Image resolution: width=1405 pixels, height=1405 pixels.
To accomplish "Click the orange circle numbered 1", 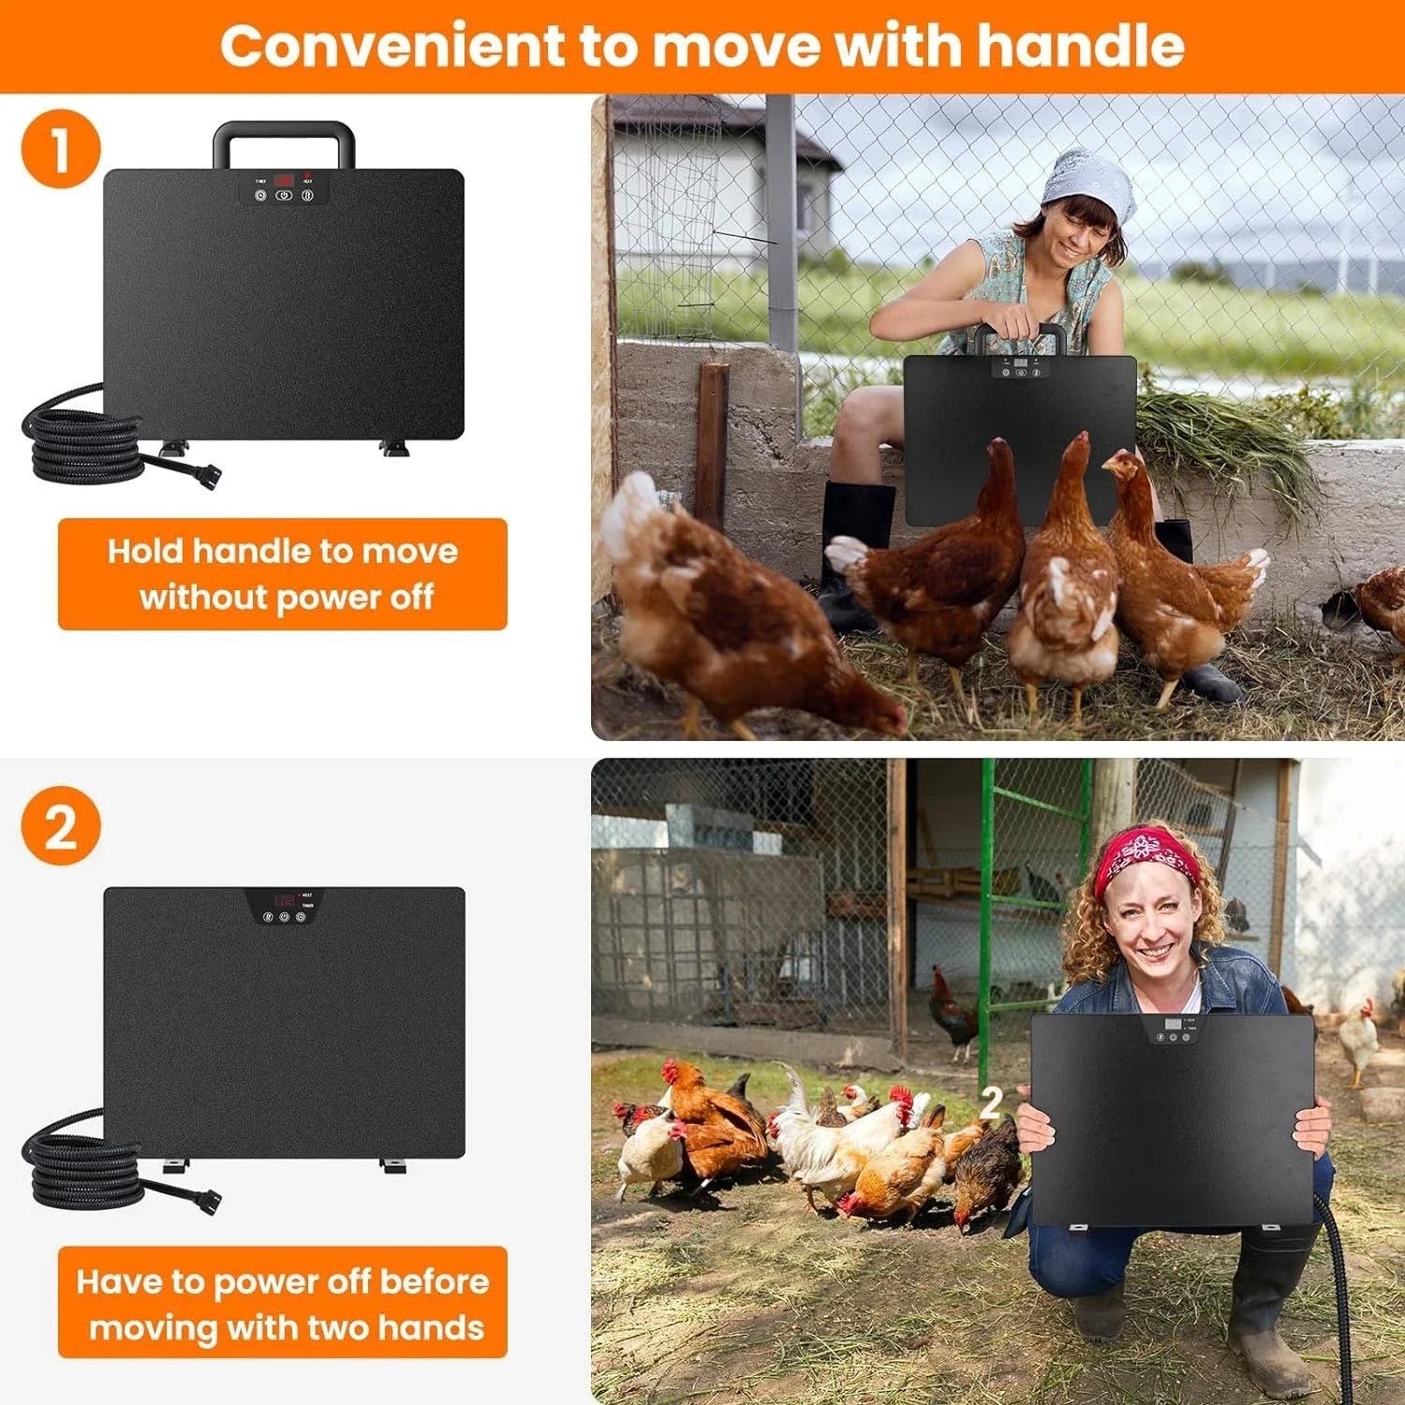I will (x=60, y=149).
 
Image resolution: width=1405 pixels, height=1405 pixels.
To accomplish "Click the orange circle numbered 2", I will (x=60, y=825).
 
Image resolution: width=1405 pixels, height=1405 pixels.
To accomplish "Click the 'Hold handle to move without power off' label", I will (x=282, y=573).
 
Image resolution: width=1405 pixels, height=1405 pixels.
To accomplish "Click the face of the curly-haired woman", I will (x=1152, y=927).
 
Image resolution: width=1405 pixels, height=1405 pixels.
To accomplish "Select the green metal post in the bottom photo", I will (x=986, y=899).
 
